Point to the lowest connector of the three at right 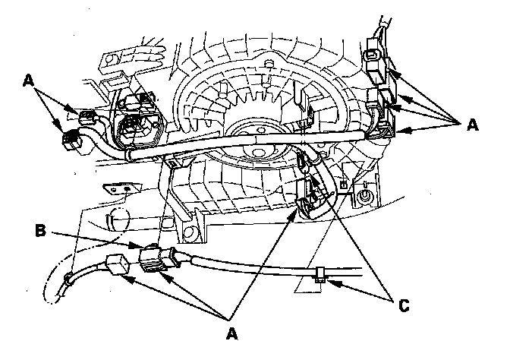[x=383, y=126]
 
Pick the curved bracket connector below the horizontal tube [x=311, y=199]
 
